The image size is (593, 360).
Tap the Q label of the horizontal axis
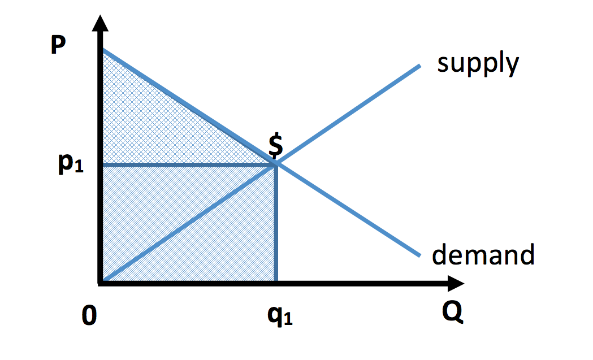(x=452, y=312)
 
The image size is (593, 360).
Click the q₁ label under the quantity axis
(x=280, y=318)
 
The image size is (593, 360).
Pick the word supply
(x=478, y=64)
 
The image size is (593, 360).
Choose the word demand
(x=483, y=255)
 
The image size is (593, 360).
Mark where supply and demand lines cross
(x=276, y=164)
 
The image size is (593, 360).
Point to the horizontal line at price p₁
(x=187, y=164)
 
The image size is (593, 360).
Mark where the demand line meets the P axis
(x=103, y=51)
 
